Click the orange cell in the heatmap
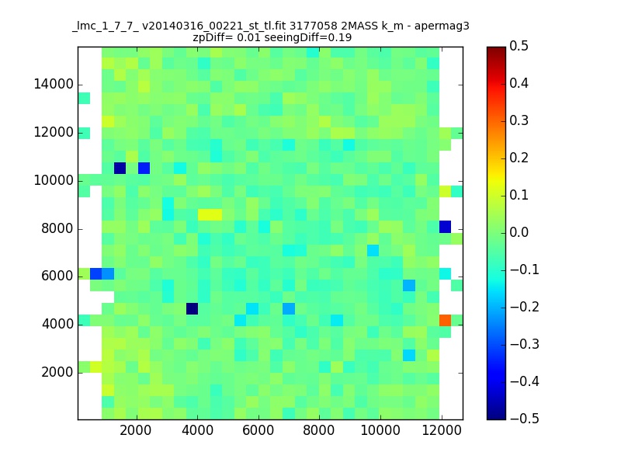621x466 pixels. pos(445,320)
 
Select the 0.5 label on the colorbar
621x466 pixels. pos(519,46)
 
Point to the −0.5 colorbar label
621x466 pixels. pos(525,419)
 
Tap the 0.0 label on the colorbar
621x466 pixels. pos(519,232)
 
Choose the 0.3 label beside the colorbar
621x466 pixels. pos(519,120)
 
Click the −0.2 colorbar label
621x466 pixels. pos(525,307)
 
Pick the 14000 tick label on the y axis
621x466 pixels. pos(54,85)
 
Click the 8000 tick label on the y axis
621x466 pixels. pos(57,228)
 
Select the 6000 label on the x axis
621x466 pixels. pos(258,430)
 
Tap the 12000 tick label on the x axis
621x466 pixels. pos(442,430)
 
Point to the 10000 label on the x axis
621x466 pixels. pos(380,430)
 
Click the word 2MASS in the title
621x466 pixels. pos(359,26)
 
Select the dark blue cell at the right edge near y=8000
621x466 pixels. pos(445,227)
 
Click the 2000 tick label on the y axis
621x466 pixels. pos(57,373)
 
